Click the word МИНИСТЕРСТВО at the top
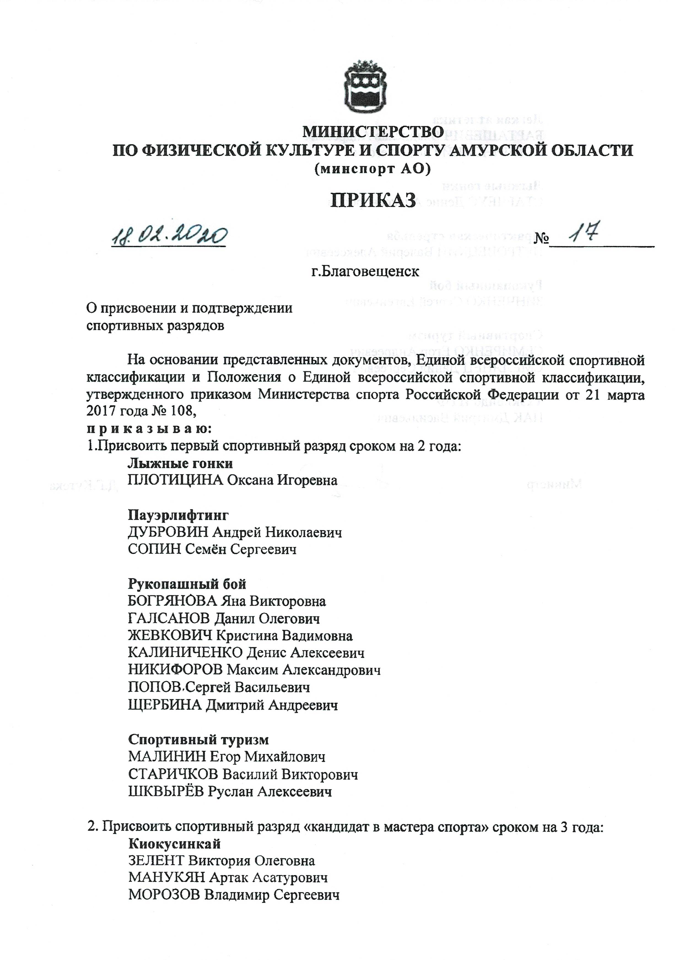coord(373,132)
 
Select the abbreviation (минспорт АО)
coord(372,169)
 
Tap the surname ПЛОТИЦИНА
coord(175,480)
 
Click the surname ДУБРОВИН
coord(168,532)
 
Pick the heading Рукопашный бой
coord(187,584)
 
